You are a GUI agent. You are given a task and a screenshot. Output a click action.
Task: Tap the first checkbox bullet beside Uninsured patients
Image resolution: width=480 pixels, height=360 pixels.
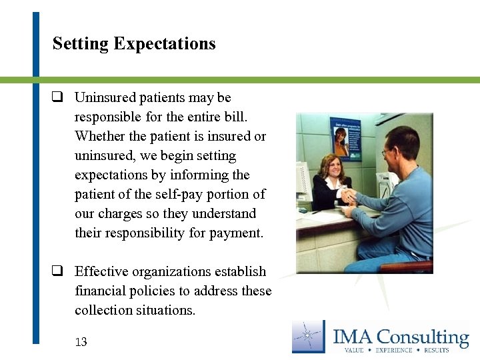point(58,97)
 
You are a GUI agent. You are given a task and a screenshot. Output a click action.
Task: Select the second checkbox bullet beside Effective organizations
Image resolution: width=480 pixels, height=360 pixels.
point(58,271)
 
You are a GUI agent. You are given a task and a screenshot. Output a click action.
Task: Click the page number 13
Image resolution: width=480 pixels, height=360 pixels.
point(81,342)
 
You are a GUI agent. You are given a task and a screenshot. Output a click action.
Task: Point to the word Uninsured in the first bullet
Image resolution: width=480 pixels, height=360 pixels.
point(102,97)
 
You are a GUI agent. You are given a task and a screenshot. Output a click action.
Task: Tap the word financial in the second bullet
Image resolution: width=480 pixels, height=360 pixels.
point(102,291)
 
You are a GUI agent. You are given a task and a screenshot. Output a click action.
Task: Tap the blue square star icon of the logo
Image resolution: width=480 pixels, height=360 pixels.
point(308,336)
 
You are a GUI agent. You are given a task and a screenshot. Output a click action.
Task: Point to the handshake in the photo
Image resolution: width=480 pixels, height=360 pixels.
point(347,195)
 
